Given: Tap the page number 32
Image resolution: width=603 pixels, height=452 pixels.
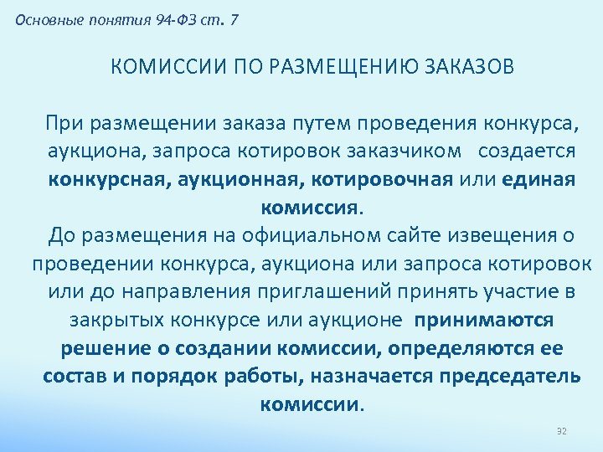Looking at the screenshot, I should click(x=562, y=430).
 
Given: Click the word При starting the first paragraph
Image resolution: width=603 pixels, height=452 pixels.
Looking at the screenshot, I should click(x=70, y=125).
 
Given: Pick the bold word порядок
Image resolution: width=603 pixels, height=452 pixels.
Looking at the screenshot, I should click(x=173, y=376).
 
